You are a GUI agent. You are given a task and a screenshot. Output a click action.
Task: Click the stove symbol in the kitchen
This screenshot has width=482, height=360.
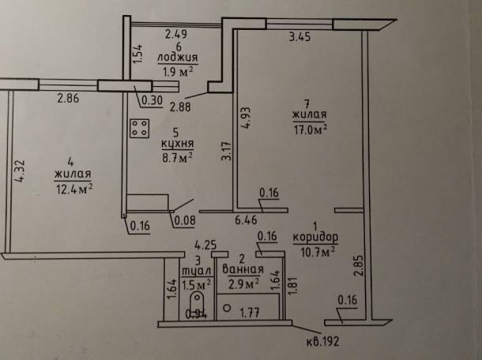pos(140,128)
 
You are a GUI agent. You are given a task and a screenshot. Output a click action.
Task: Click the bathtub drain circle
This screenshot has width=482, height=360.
pos(227,308)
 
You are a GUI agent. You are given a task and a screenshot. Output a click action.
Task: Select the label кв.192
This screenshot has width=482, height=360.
pos(322,341)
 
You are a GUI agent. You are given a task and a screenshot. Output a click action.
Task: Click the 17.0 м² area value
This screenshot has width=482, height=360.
pos(311,129)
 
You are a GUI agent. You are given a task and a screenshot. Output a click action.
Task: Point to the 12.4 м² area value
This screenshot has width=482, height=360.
pos(74,189)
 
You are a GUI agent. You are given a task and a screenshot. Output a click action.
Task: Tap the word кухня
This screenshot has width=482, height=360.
pos(178,144)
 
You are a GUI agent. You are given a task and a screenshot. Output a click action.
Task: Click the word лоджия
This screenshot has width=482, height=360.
pos(177,58)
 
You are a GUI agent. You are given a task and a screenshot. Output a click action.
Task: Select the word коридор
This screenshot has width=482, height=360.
pos(315,237)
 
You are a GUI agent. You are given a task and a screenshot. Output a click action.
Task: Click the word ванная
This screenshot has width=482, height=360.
pos(243,269)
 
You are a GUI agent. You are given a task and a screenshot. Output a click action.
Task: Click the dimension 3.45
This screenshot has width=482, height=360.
pos(300,37)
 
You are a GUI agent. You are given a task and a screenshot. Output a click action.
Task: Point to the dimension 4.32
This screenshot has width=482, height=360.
pos(20,171)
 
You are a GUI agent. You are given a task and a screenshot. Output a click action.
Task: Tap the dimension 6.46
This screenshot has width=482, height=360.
pos(246,220)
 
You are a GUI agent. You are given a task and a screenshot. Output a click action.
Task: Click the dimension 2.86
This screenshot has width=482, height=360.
pos(68,99)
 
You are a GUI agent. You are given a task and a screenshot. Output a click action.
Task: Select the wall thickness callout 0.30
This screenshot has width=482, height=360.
pos(153,101)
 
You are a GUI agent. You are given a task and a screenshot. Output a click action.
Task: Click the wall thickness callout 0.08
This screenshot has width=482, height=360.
pos(185,221)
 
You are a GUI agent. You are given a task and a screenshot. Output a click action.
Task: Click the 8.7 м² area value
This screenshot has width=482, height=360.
pos(177,158)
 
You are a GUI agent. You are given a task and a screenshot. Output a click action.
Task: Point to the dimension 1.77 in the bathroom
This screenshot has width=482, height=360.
pos(250,313)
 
